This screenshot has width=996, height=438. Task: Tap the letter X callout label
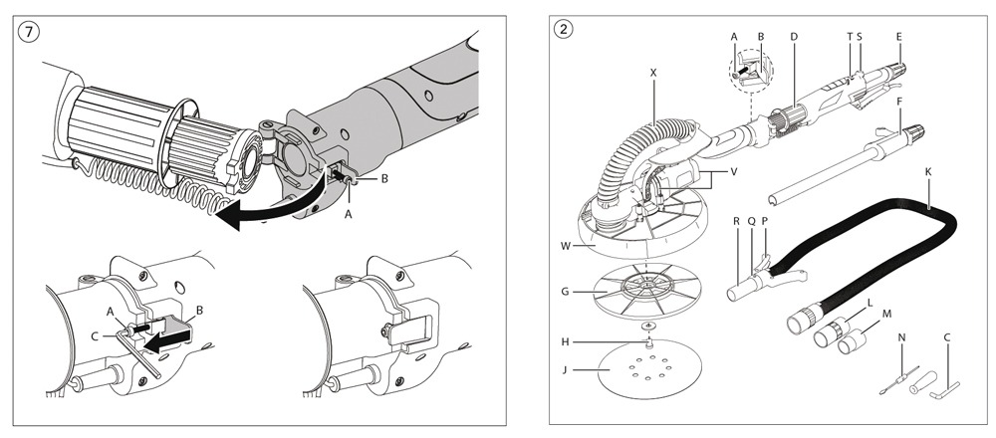tap(652, 73)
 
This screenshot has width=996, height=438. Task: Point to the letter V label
tap(733, 170)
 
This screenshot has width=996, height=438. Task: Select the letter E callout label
tap(899, 36)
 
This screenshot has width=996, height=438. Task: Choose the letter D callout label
tap(793, 36)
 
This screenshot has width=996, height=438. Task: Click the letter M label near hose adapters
tap(883, 312)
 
